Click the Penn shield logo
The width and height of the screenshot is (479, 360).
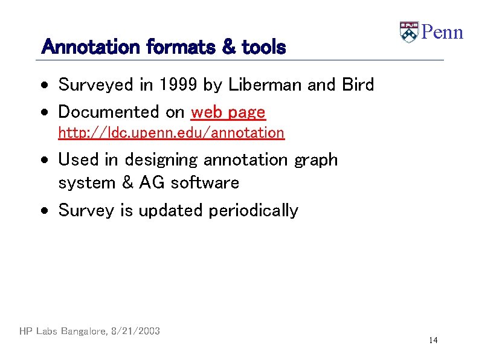click(409, 32)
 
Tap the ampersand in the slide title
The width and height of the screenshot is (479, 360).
click(229, 47)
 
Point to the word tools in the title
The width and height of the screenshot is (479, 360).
click(263, 47)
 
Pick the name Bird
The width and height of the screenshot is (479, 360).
click(358, 85)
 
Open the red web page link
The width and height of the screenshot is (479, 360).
click(228, 112)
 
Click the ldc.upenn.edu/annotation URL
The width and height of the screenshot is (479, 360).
click(171, 132)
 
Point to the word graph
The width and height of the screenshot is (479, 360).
click(316, 160)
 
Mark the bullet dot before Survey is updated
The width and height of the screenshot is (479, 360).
click(46, 211)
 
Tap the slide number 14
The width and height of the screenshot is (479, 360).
click(433, 341)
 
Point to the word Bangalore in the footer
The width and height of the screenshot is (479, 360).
click(80, 331)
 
